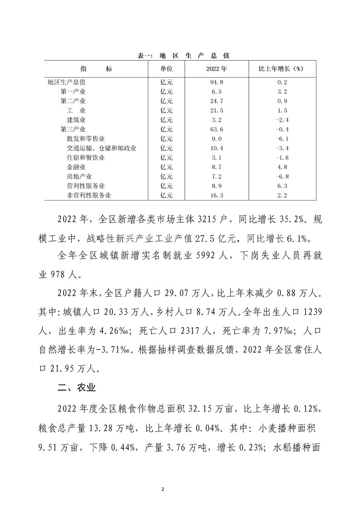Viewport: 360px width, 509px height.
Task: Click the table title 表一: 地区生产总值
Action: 183,56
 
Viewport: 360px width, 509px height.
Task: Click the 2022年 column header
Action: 216,69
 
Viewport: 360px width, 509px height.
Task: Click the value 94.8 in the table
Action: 216,83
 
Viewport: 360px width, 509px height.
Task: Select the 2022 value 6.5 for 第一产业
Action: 216,92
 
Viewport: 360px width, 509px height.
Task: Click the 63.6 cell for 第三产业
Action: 216,129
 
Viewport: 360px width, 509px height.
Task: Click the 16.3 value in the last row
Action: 216,196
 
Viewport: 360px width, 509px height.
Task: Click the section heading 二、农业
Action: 76,389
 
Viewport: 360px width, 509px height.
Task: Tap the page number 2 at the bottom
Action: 180,490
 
